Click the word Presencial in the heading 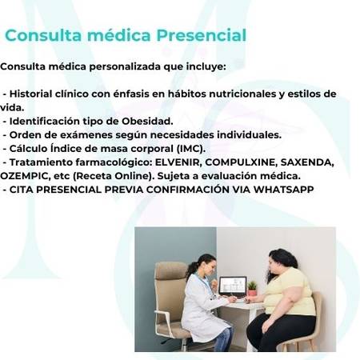(202, 35)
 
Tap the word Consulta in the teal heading (43, 35)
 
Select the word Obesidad (147, 122)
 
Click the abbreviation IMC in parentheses (190, 149)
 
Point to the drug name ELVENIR (178, 162)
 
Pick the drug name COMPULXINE (240, 162)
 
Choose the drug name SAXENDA (307, 162)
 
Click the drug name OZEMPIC (25, 176)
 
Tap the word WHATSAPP (283, 190)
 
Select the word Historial (30, 94)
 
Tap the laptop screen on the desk (233, 285)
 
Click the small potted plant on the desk (252, 288)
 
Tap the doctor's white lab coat (202, 306)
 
